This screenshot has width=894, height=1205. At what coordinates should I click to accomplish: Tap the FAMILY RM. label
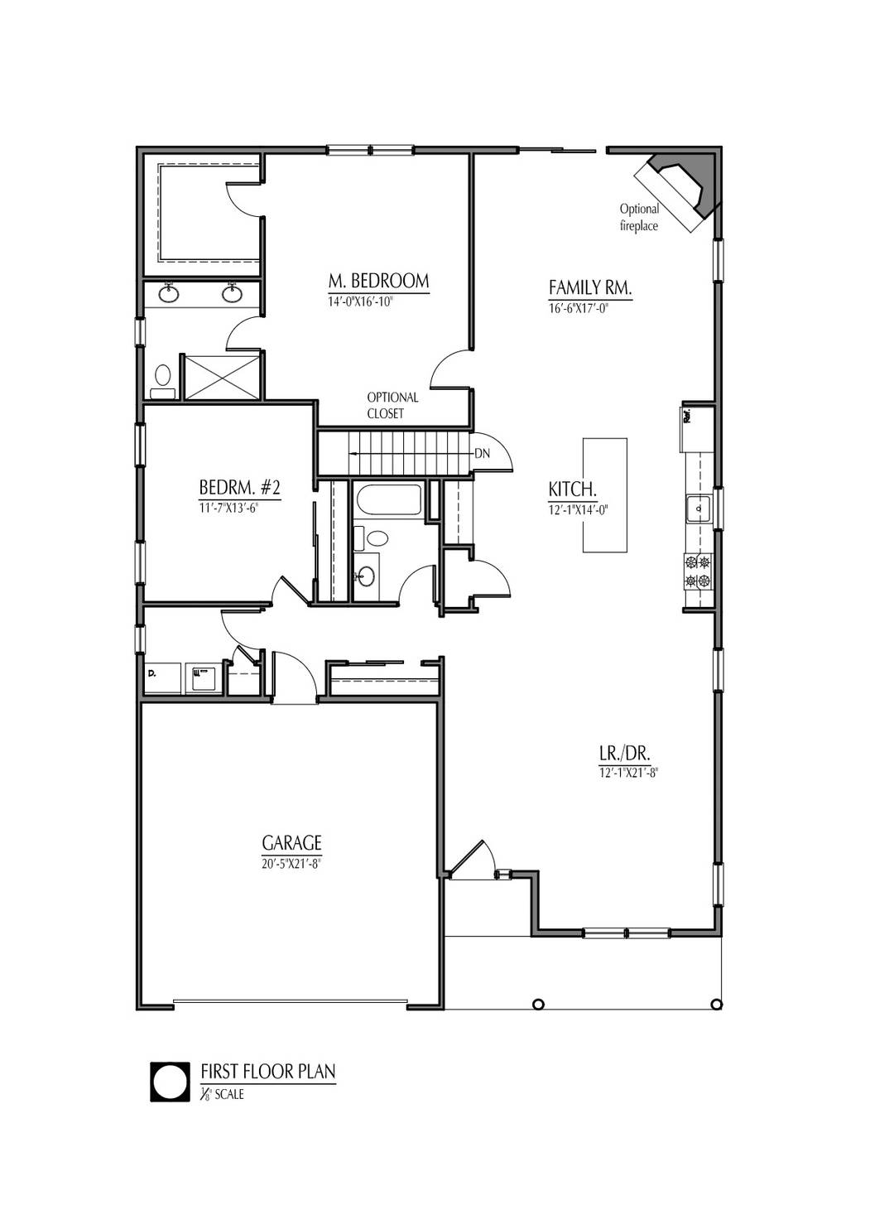[x=590, y=287]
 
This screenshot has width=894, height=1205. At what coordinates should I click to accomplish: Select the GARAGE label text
[x=291, y=843]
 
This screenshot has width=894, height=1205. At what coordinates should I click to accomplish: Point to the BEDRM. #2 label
[x=240, y=487]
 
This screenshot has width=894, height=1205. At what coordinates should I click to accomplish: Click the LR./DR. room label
[x=625, y=754]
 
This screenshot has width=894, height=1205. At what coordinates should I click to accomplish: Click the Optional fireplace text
[x=639, y=217]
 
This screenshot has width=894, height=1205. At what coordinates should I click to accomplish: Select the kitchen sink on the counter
[x=698, y=508]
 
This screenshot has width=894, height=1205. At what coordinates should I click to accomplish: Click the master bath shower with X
[x=221, y=376]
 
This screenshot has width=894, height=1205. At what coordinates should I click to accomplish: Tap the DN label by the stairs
[x=483, y=454]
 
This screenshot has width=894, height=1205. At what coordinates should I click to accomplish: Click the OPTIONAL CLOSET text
[x=392, y=405]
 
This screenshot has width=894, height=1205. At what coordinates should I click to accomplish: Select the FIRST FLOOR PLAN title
[x=268, y=1072]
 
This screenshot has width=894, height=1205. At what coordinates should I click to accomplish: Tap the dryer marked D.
[x=163, y=677]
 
